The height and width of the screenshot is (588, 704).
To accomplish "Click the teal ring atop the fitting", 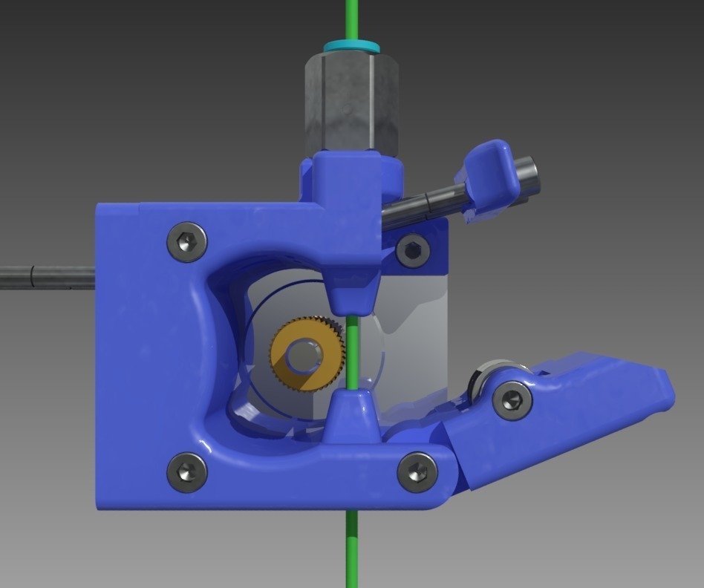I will [x=351, y=47].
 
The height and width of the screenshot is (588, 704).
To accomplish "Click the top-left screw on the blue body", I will [x=186, y=242].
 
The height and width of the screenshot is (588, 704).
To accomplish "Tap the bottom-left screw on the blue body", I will [x=186, y=472].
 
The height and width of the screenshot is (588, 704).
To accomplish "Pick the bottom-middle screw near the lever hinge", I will [x=417, y=472].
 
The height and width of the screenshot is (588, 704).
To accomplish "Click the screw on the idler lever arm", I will [x=512, y=399].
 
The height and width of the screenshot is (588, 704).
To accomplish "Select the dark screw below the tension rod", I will [x=413, y=251].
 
